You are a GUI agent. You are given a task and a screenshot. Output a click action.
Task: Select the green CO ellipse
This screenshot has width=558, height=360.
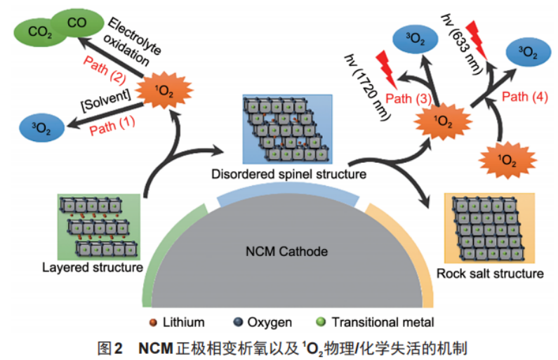[x=77, y=23]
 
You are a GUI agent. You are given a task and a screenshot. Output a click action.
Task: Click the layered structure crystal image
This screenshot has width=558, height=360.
[x=98, y=227]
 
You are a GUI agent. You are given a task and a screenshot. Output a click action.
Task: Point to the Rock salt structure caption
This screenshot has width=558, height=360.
[x=489, y=273]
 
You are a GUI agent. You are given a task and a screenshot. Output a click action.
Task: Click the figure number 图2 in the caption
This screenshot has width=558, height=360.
[x=110, y=346]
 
